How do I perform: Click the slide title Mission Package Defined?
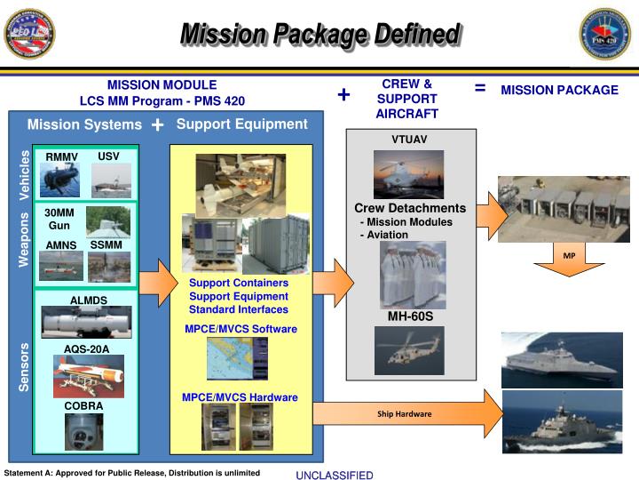(319, 35)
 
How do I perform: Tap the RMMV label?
(62, 157)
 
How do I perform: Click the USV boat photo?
(111, 180)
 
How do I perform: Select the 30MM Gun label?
(59, 219)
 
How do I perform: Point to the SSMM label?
(106, 244)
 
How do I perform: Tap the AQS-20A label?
(87, 348)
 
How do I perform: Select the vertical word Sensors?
(25, 366)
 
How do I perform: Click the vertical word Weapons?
(25, 239)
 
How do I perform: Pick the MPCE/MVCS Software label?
(241, 329)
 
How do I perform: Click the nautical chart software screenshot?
(237, 359)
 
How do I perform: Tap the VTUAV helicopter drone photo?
(408, 174)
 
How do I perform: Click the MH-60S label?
(410, 316)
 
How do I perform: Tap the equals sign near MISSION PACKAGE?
(480, 88)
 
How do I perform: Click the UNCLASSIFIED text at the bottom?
(335, 476)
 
